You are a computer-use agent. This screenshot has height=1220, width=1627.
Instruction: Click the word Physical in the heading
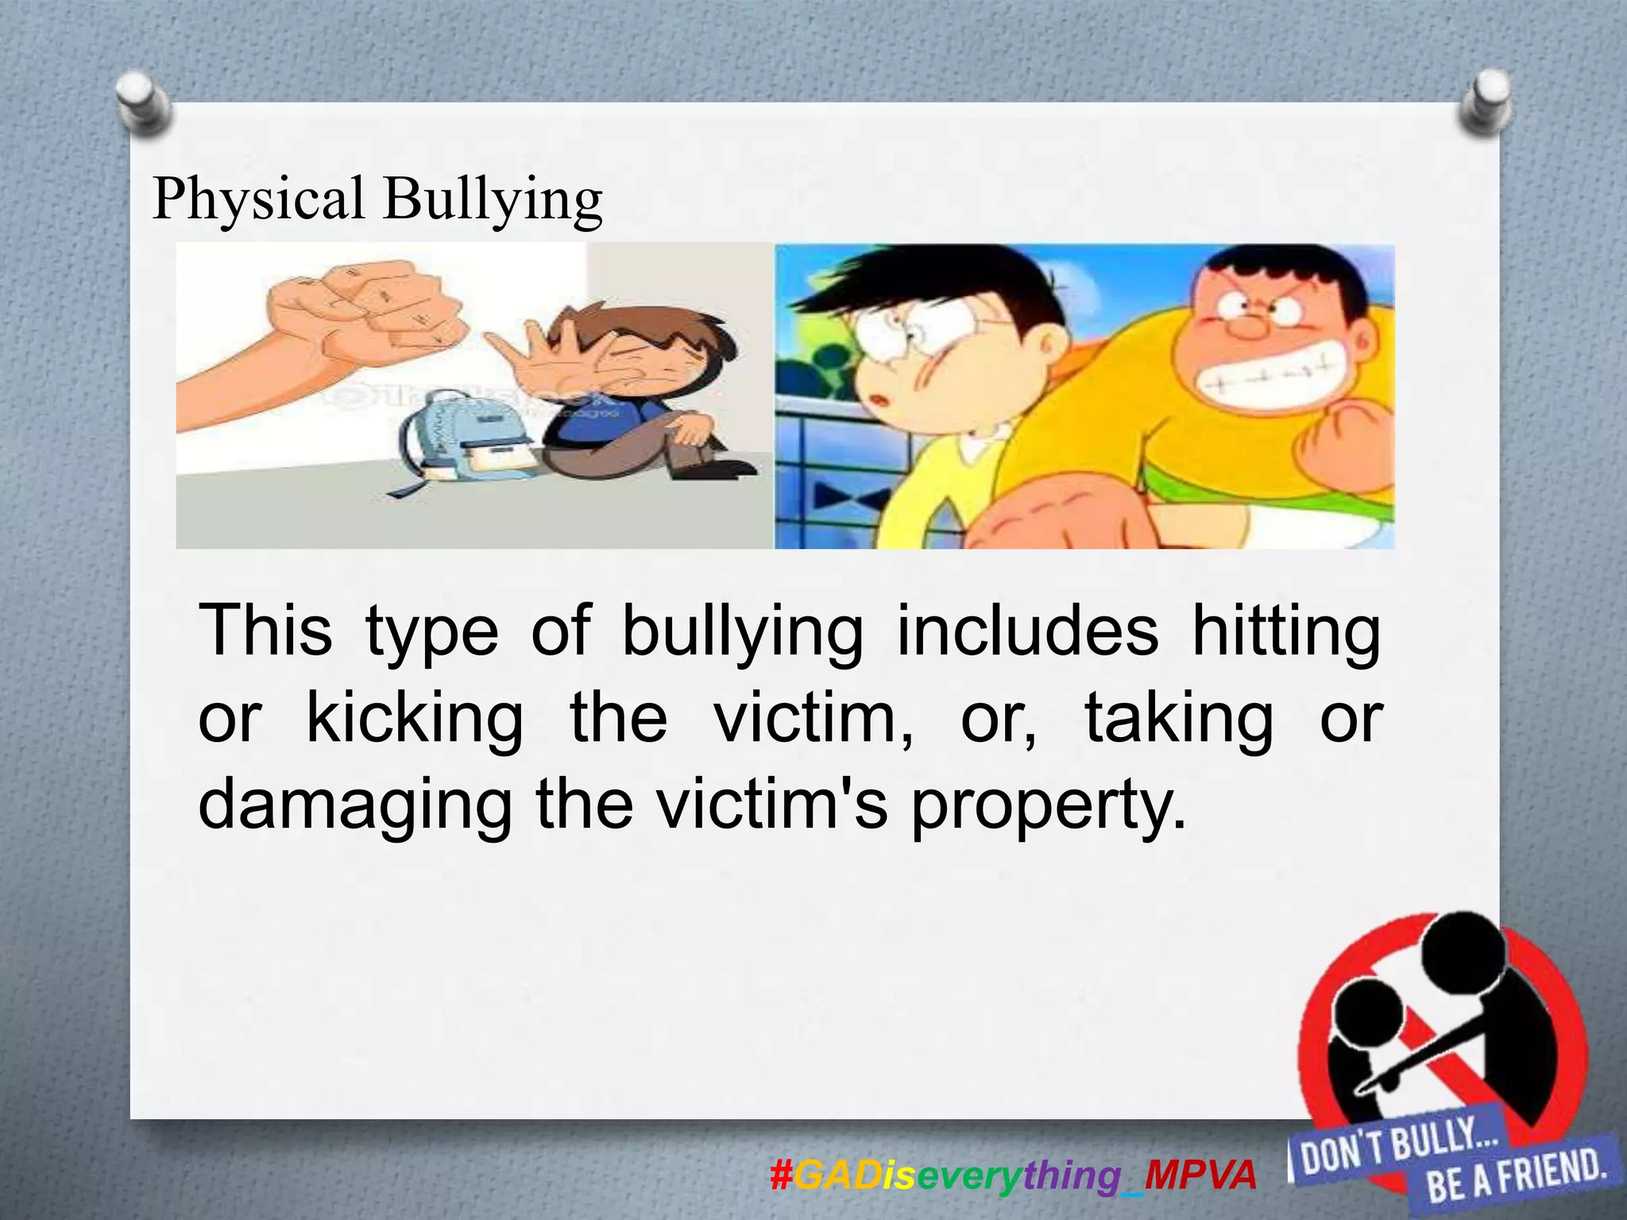[x=259, y=199]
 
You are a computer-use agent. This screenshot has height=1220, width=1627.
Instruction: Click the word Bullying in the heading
[x=493, y=199]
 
